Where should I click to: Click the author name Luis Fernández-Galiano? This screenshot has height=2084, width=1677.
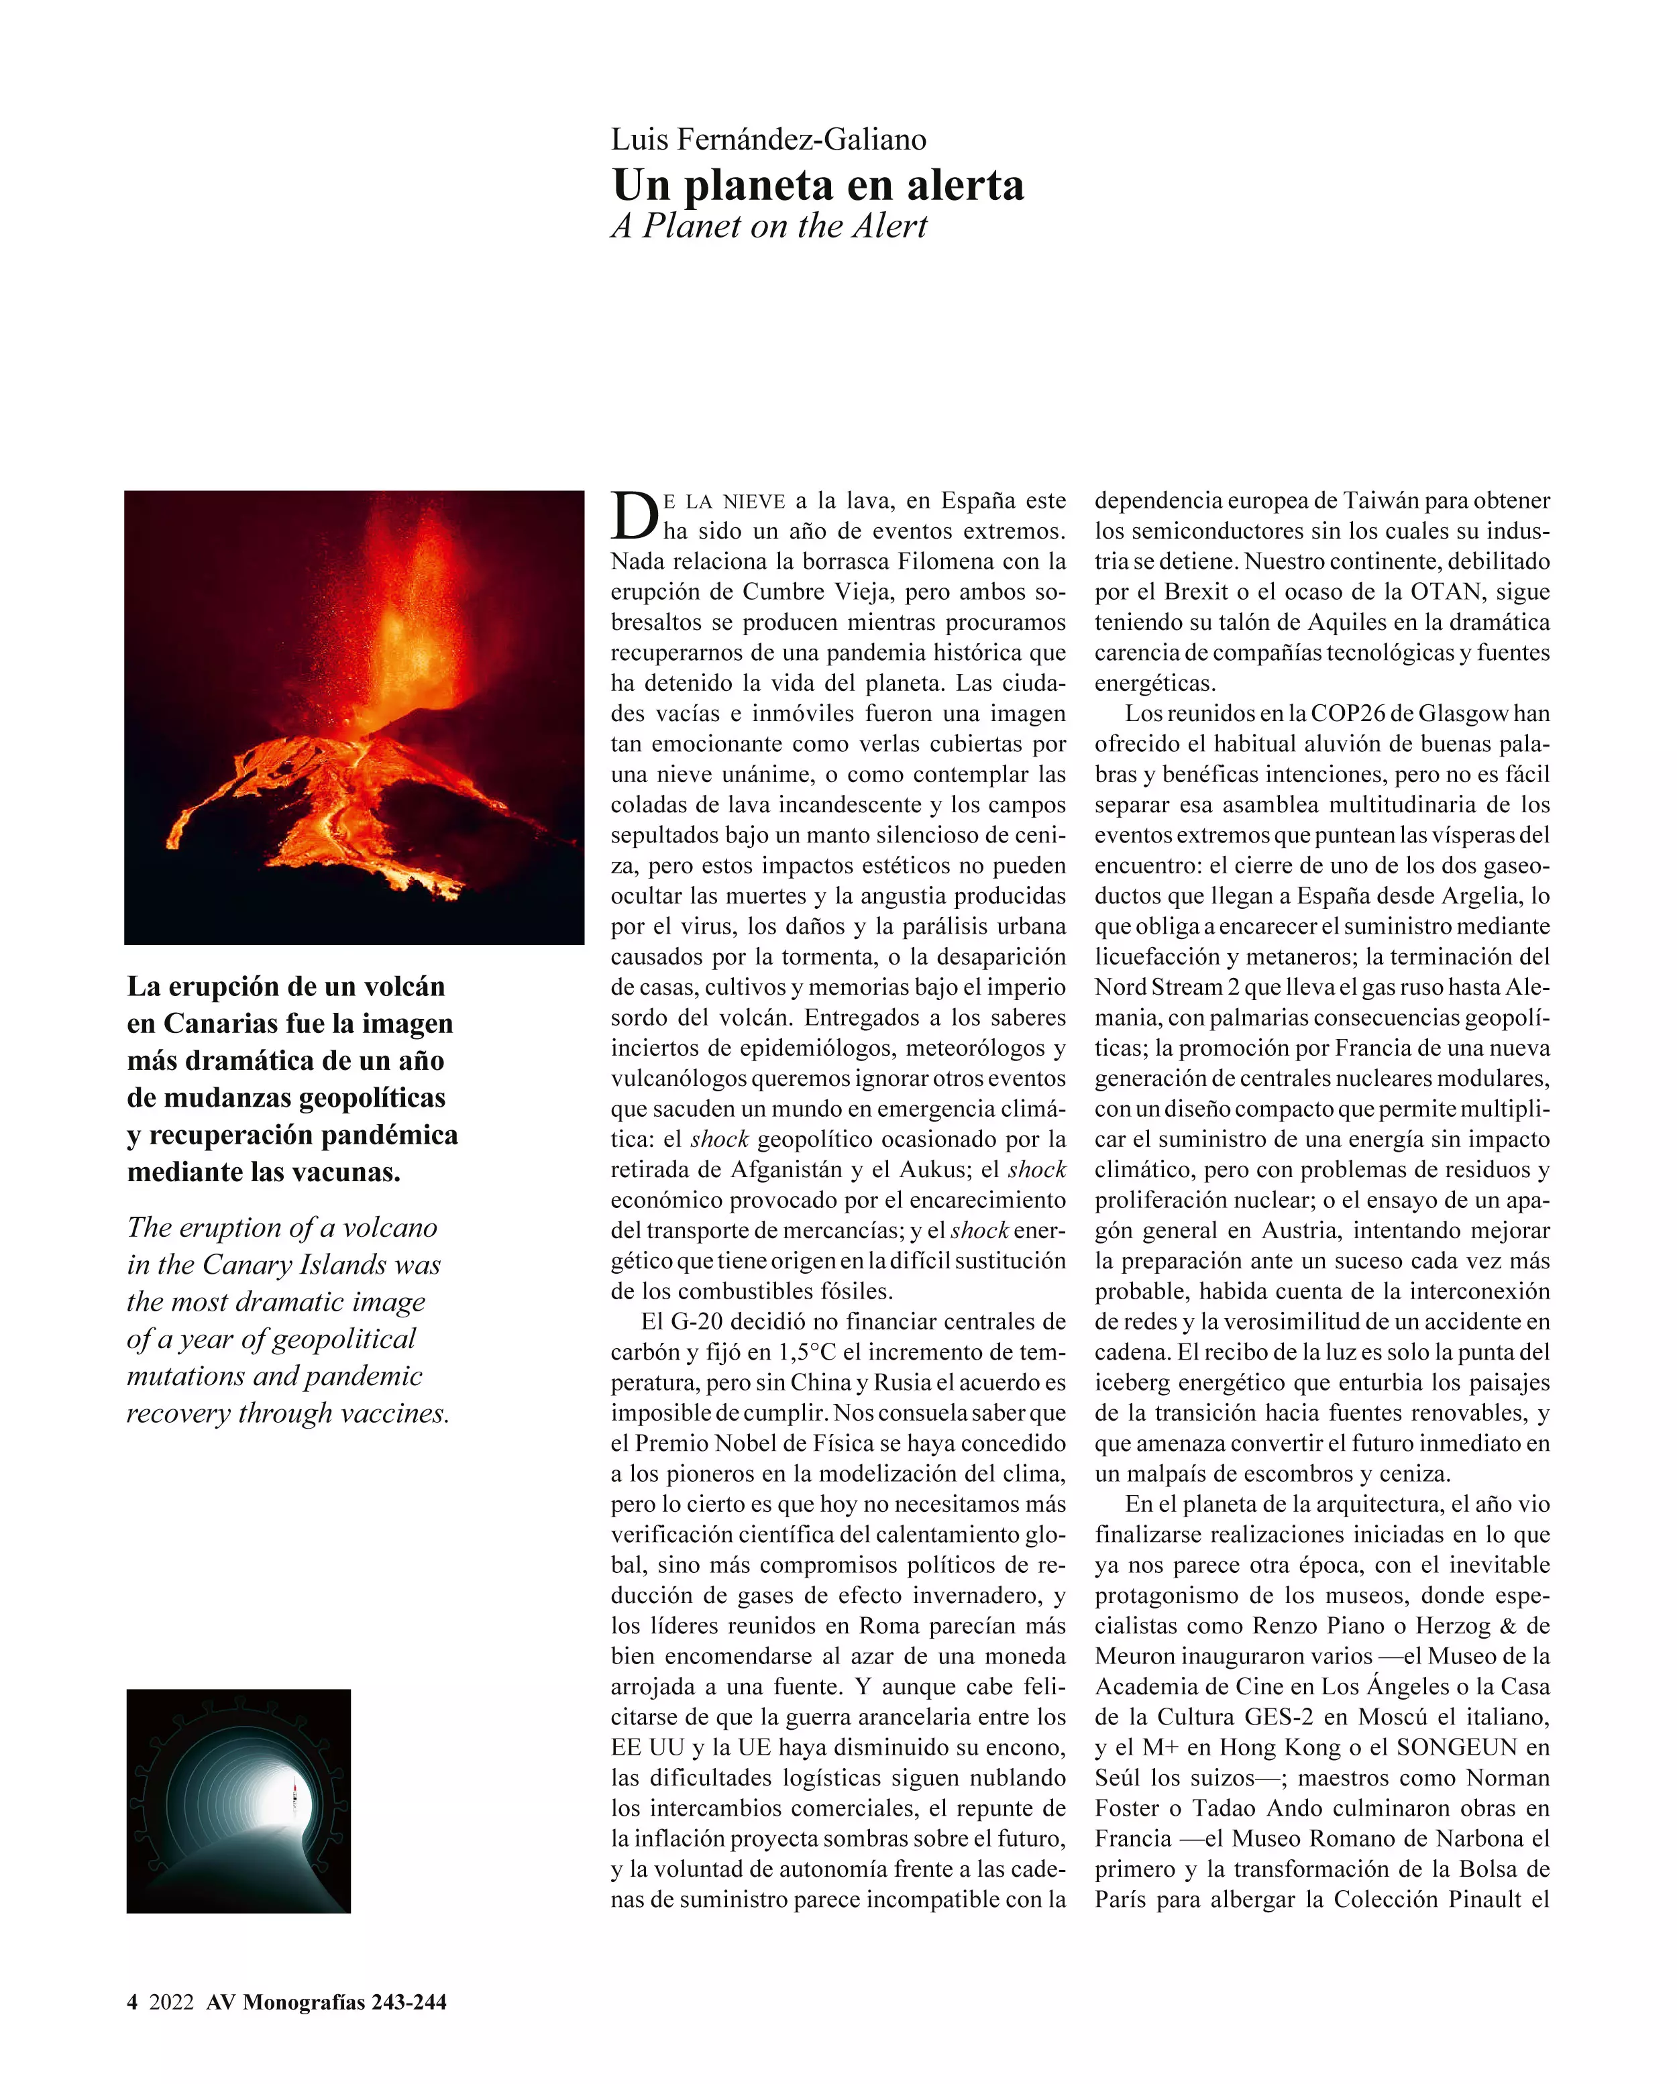tap(769, 140)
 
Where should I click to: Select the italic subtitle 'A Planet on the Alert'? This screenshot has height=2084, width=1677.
tap(769, 226)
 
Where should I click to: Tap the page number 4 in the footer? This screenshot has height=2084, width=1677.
tap(132, 2002)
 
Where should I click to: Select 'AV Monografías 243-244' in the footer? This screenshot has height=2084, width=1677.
tap(327, 2002)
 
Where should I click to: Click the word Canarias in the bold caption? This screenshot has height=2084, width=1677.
tap(219, 1023)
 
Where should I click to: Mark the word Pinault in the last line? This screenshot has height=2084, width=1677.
tap(1484, 1900)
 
